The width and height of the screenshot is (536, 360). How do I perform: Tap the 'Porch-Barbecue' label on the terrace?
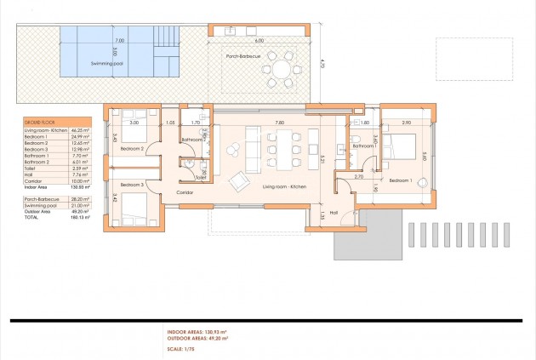tap(243, 56)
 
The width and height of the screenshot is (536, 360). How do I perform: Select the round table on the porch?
tap(279, 66)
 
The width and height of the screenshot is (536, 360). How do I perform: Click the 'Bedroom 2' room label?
tap(133, 148)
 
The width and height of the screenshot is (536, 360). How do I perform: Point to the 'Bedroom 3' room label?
tap(132, 185)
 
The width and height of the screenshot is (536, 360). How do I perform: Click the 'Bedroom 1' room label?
tap(401, 180)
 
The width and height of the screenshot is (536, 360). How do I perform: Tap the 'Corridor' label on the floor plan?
tap(185, 193)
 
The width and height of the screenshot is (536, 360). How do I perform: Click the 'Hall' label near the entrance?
tap(334, 212)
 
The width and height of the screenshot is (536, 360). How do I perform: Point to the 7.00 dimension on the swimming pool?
tap(119, 40)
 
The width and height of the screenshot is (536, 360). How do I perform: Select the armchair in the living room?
tap(242, 179)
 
